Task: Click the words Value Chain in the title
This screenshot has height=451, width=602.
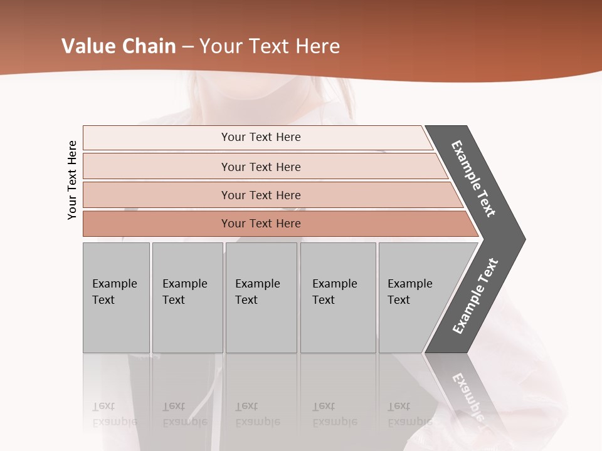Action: point(119,46)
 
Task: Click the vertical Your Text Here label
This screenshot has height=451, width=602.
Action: point(73,180)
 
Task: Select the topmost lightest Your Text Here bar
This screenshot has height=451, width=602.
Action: point(260,137)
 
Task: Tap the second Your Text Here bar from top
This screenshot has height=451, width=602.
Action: point(260,167)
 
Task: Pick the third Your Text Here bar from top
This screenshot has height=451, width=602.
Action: point(260,195)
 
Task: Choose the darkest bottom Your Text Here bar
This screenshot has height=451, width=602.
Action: point(260,224)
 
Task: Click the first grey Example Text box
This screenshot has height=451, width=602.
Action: point(116,297)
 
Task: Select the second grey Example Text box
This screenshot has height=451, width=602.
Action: point(187,297)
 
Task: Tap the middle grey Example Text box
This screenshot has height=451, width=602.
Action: point(261,297)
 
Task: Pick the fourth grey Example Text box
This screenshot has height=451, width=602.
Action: point(338,297)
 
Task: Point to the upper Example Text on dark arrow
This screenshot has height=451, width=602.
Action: point(473,179)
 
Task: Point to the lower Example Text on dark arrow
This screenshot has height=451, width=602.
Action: point(475,296)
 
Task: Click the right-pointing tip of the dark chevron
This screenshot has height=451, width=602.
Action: point(522,239)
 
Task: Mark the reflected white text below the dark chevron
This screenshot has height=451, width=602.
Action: point(468,398)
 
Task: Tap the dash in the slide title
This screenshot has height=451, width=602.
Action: point(187,46)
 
